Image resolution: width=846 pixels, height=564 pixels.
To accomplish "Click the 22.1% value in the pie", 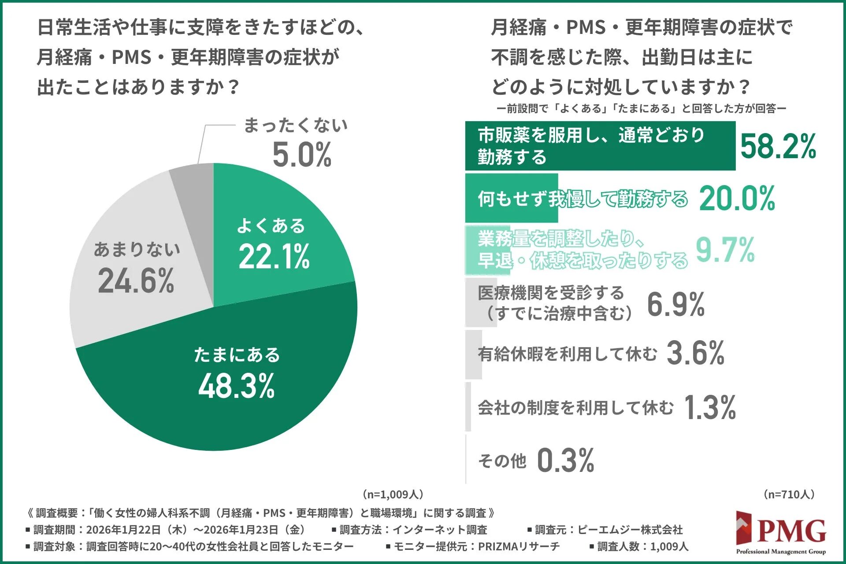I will pos(274,256).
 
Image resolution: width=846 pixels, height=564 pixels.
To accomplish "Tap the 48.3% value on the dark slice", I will pos(237,386).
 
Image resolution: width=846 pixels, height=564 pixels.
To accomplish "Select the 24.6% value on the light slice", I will pos(136,281).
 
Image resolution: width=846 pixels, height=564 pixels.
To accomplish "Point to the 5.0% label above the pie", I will pos(302,155).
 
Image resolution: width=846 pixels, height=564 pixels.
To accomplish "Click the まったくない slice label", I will pos(296,126).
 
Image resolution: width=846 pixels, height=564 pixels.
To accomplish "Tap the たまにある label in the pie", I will pos(237,355).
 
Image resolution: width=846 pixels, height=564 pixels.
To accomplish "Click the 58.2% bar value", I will pos(778,146).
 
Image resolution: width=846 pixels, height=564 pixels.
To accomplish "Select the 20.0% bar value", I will pos(737,199).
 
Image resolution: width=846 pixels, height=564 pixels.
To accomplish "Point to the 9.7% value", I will pos(725,250).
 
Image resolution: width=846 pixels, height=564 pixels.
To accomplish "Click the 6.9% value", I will pos(675,304).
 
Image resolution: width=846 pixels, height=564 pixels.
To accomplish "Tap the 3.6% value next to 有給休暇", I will pos(695,353).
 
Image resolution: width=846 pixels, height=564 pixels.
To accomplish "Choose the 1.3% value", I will pos(709,407).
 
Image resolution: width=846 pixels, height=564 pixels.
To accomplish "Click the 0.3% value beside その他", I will pos(565,460).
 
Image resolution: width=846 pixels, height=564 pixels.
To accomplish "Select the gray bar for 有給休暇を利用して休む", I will pos(473,355).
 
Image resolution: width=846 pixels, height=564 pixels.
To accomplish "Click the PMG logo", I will pos(781,533).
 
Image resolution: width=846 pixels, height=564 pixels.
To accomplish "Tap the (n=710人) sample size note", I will pos(789,494).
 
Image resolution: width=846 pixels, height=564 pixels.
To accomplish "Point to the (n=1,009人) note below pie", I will pos(392,494).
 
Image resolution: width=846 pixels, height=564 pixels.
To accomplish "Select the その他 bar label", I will pos(502,461).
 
